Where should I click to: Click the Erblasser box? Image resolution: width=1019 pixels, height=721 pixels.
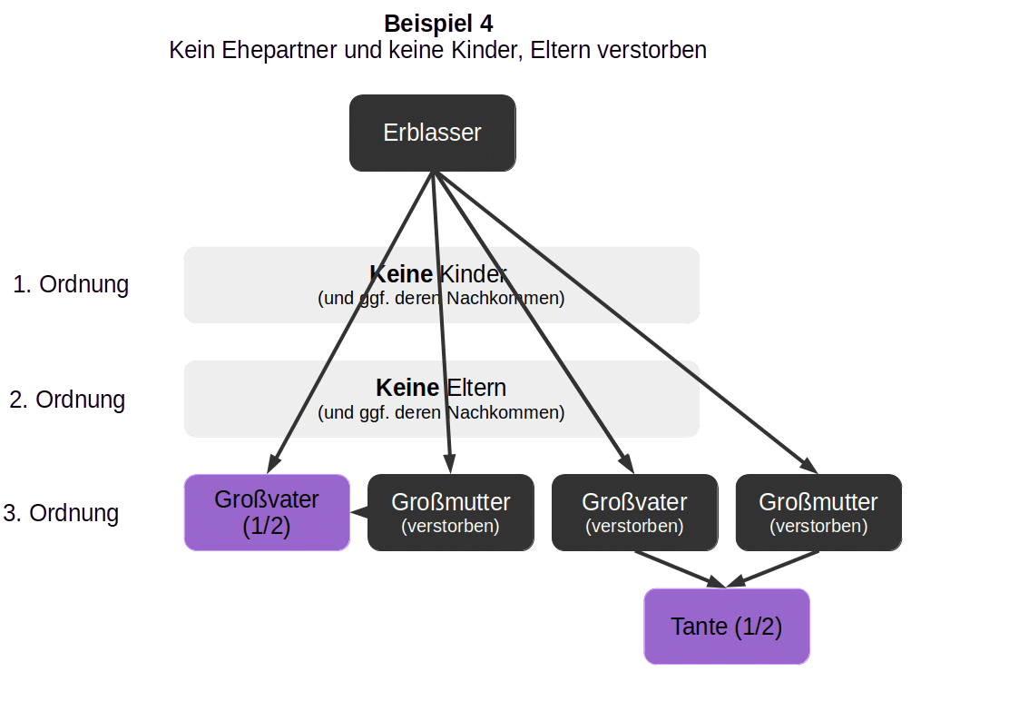[433, 133]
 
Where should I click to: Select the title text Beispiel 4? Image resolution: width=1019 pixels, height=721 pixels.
[438, 24]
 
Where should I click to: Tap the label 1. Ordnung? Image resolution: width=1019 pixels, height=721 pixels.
[71, 284]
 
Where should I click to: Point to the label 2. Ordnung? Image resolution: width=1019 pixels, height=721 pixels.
[67, 400]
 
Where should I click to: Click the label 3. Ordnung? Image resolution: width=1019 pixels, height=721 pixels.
[62, 513]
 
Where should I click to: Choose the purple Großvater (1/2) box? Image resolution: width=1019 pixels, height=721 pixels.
[267, 512]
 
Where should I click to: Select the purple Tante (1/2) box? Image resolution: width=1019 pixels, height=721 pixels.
[726, 627]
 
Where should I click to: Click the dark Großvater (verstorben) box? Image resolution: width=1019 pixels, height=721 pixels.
[634, 512]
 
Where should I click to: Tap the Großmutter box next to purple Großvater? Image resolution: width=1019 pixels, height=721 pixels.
[450, 512]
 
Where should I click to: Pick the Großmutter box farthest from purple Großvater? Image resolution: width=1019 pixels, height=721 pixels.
[818, 512]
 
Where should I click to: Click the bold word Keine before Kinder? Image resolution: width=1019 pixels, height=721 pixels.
[403, 274]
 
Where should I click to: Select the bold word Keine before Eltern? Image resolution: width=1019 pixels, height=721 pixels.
[407, 388]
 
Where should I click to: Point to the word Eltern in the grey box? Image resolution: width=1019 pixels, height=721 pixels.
[475, 388]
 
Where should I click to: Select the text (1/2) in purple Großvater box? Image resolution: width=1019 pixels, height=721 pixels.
[266, 527]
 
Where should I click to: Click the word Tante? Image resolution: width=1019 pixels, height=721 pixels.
[699, 627]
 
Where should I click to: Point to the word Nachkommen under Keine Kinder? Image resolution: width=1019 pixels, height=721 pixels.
[513, 298]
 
